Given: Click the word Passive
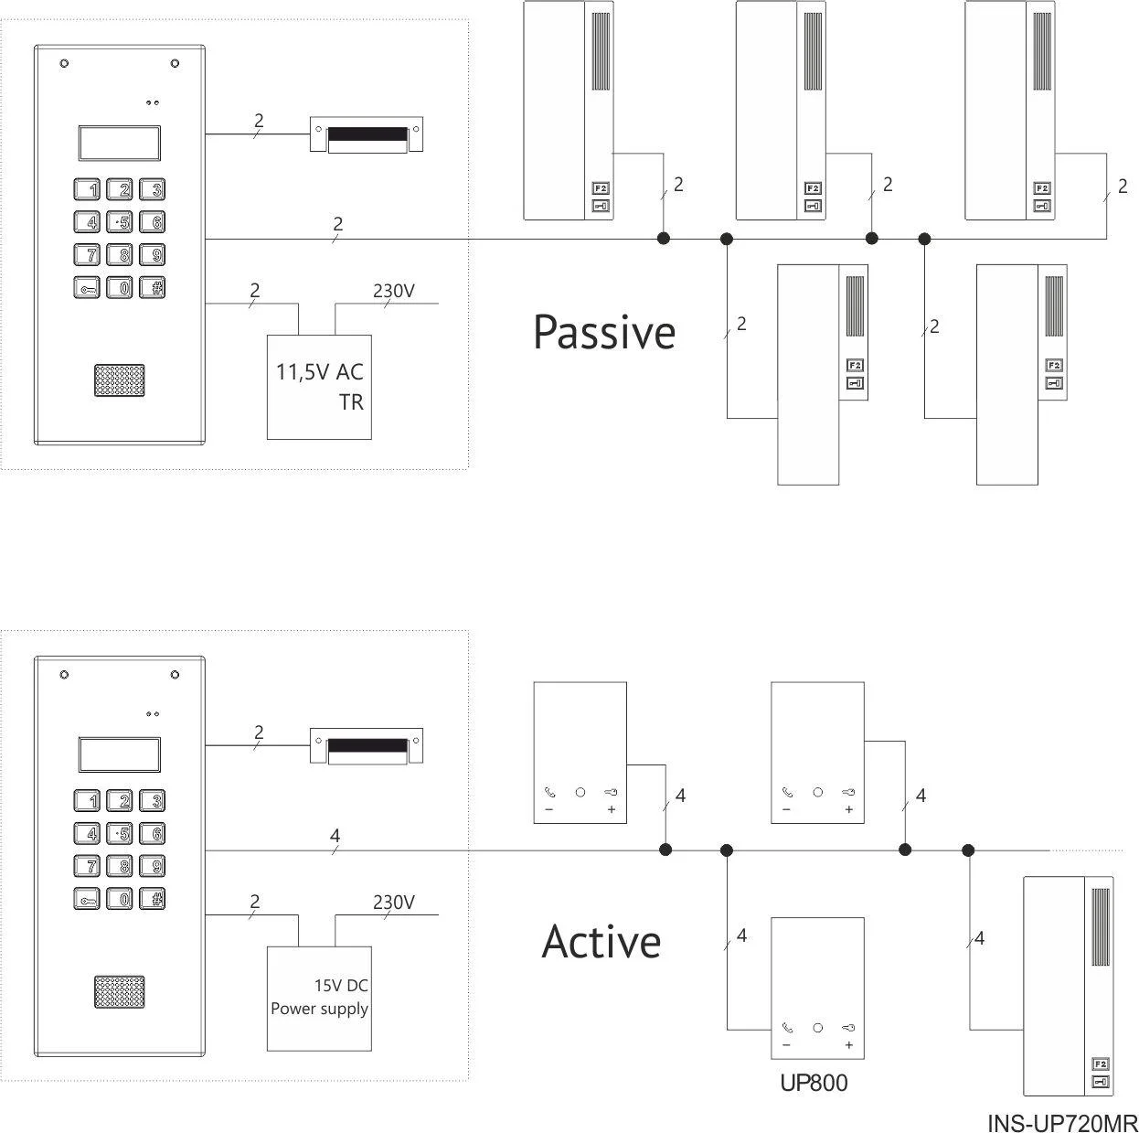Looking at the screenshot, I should pos(604,333).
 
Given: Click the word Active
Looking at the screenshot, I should pos(601,942).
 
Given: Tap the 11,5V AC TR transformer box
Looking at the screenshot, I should pos(319,387).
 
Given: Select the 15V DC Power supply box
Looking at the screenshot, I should pos(319,998).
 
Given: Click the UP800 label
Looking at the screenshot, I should pos(814,1084).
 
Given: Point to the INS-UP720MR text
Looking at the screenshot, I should pos(1061,1123).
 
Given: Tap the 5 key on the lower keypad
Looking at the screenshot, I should pos(121,834).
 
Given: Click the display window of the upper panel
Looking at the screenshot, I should pos(120,144).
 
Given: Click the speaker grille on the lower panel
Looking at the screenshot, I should pos(119,991).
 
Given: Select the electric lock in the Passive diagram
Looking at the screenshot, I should pos(366,134).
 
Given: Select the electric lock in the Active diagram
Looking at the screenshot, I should pos(366,746).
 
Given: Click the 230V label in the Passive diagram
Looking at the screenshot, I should pos(394,292).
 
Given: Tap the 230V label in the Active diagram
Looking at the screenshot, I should pos(394,903).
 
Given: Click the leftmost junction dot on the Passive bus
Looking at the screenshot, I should pos(665,239).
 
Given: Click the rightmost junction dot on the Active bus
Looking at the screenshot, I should pos(968,850).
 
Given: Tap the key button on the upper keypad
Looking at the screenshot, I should pos(87,288).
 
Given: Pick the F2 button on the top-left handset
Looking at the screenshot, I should pos(601,188).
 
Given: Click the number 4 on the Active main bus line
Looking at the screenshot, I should pos(335,835).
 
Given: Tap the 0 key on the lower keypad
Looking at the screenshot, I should pos(122,900).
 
